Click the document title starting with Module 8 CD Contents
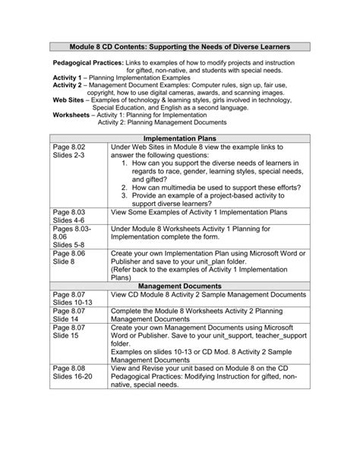coord(180,46)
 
